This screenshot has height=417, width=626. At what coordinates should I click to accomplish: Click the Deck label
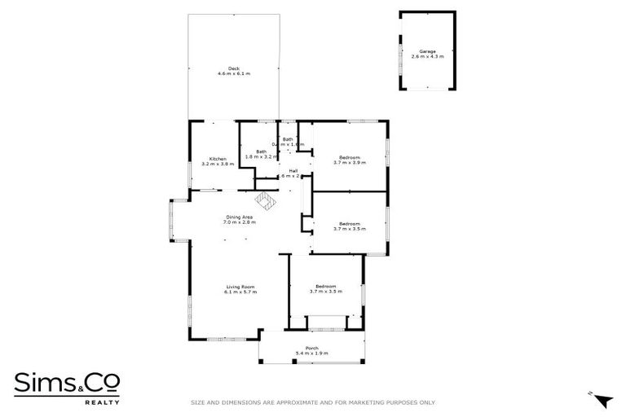pyautogui.click(x=233, y=68)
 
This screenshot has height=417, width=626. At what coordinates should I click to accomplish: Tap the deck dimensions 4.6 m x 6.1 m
pyautogui.click(x=233, y=74)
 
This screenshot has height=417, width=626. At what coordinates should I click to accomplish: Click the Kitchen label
pyautogui.click(x=217, y=158)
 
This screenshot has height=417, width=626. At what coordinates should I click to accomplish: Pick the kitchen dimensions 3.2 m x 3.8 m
pyautogui.click(x=217, y=164)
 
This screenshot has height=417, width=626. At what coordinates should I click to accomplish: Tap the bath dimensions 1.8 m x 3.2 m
pyautogui.click(x=261, y=156)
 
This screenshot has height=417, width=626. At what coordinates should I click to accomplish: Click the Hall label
pyautogui.click(x=293, y=169)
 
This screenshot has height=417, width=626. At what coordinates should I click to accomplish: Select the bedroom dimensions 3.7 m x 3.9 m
pyautogui.click(x=349, y=162)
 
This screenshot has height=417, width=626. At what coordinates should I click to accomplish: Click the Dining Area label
pyautogui.click(x=240, y=217)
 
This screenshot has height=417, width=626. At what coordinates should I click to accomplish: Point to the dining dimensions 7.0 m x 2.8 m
pyautogui.click(x=240, y=222)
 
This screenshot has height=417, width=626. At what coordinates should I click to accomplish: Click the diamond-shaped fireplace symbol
pyautogui.click(x=264, y=198)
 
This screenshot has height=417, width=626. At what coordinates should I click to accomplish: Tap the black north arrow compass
pyautogui.click(x=602, y=400)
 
